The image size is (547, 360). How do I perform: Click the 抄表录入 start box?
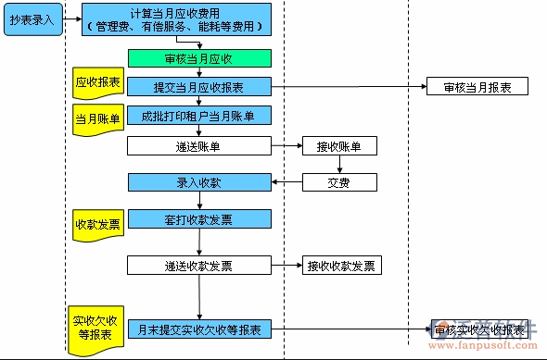[x=32, y=19]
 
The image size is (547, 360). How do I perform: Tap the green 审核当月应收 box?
[x=199, y=58]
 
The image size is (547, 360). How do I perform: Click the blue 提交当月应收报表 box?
[x=199, y=87]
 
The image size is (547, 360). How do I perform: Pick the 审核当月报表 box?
[x=477, y=87]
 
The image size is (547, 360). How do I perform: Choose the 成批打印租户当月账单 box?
[x=199, y=116]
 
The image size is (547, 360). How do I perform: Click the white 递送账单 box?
[x=199, y=145]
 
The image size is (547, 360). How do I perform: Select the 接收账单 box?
[x=339, y=145]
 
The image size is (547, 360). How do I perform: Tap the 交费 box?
[x=339, y=182]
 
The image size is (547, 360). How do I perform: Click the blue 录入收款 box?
[x=199, y=182]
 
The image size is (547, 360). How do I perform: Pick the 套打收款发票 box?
[x=199, y=219]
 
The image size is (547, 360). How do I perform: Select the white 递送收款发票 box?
[x=199, y=266]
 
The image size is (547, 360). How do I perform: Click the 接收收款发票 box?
[x=341, y=266]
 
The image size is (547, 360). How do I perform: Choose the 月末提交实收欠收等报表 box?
[x=199, y=329]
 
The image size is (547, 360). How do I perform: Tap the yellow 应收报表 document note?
[x=97, y=83]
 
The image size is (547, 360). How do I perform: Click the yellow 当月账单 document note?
[x=97, y=120]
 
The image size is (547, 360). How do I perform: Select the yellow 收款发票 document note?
[x=97, y=225]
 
